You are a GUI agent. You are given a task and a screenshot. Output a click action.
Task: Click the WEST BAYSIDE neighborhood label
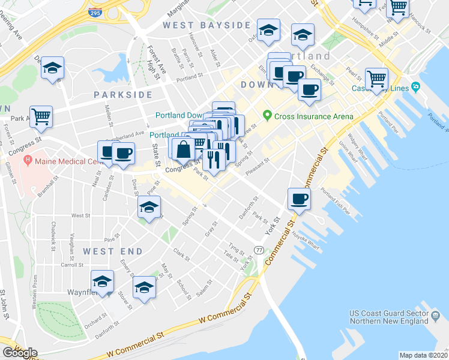(x=207, y=25)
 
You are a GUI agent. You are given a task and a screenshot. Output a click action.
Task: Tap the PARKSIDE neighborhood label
(x=123, y=95)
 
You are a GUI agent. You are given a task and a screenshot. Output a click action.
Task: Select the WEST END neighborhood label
(x=113, y=251)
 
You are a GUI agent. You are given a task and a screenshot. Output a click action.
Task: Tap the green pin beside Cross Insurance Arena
(x=267, y=116)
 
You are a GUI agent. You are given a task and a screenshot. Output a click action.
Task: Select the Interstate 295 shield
(x=94, y=12)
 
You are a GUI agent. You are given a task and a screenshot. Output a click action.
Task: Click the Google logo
(x=20, y=352)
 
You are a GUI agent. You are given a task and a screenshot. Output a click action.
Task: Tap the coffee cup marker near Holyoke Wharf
(x=299, y=199)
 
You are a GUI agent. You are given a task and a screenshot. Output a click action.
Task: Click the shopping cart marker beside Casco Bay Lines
(x=376, y=79)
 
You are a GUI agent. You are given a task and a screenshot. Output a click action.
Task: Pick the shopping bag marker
(x=184, y=148)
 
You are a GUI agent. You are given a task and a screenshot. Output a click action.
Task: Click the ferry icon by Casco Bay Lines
(x=416, y=88)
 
